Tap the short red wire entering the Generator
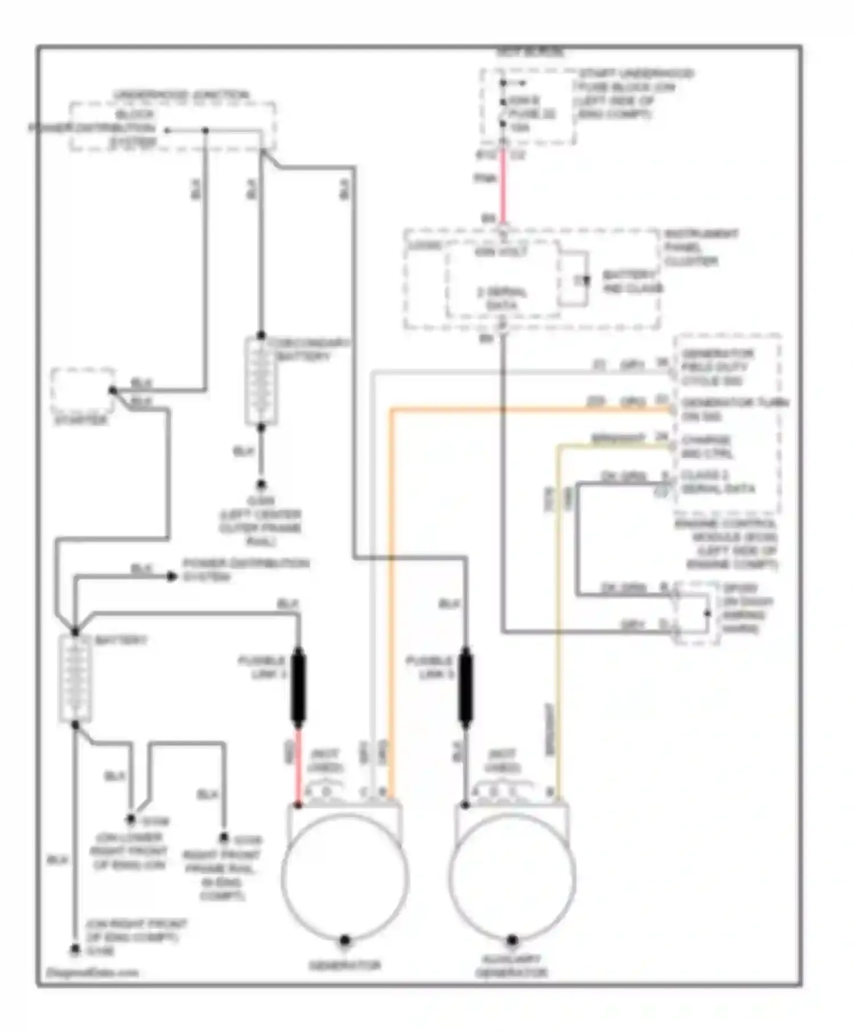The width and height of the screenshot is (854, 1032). click(298, 765)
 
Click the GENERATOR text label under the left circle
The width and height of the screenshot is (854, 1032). click(344, 965)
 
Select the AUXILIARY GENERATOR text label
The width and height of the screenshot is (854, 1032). click(512, 966)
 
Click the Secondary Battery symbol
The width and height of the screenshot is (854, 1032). click(261, 381)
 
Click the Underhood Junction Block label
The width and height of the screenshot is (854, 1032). click(181, 96)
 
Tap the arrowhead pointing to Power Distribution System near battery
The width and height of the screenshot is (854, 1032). click(171, 576)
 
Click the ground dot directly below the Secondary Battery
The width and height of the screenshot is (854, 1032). click(261, 485)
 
